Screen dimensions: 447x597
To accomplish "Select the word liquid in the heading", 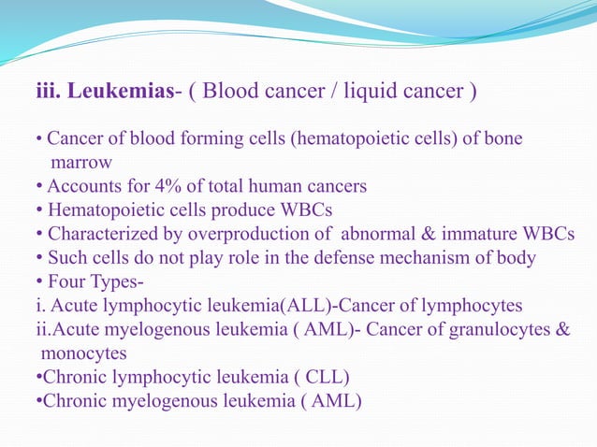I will (372, 91).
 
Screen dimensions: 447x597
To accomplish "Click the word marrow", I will (81, 163).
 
